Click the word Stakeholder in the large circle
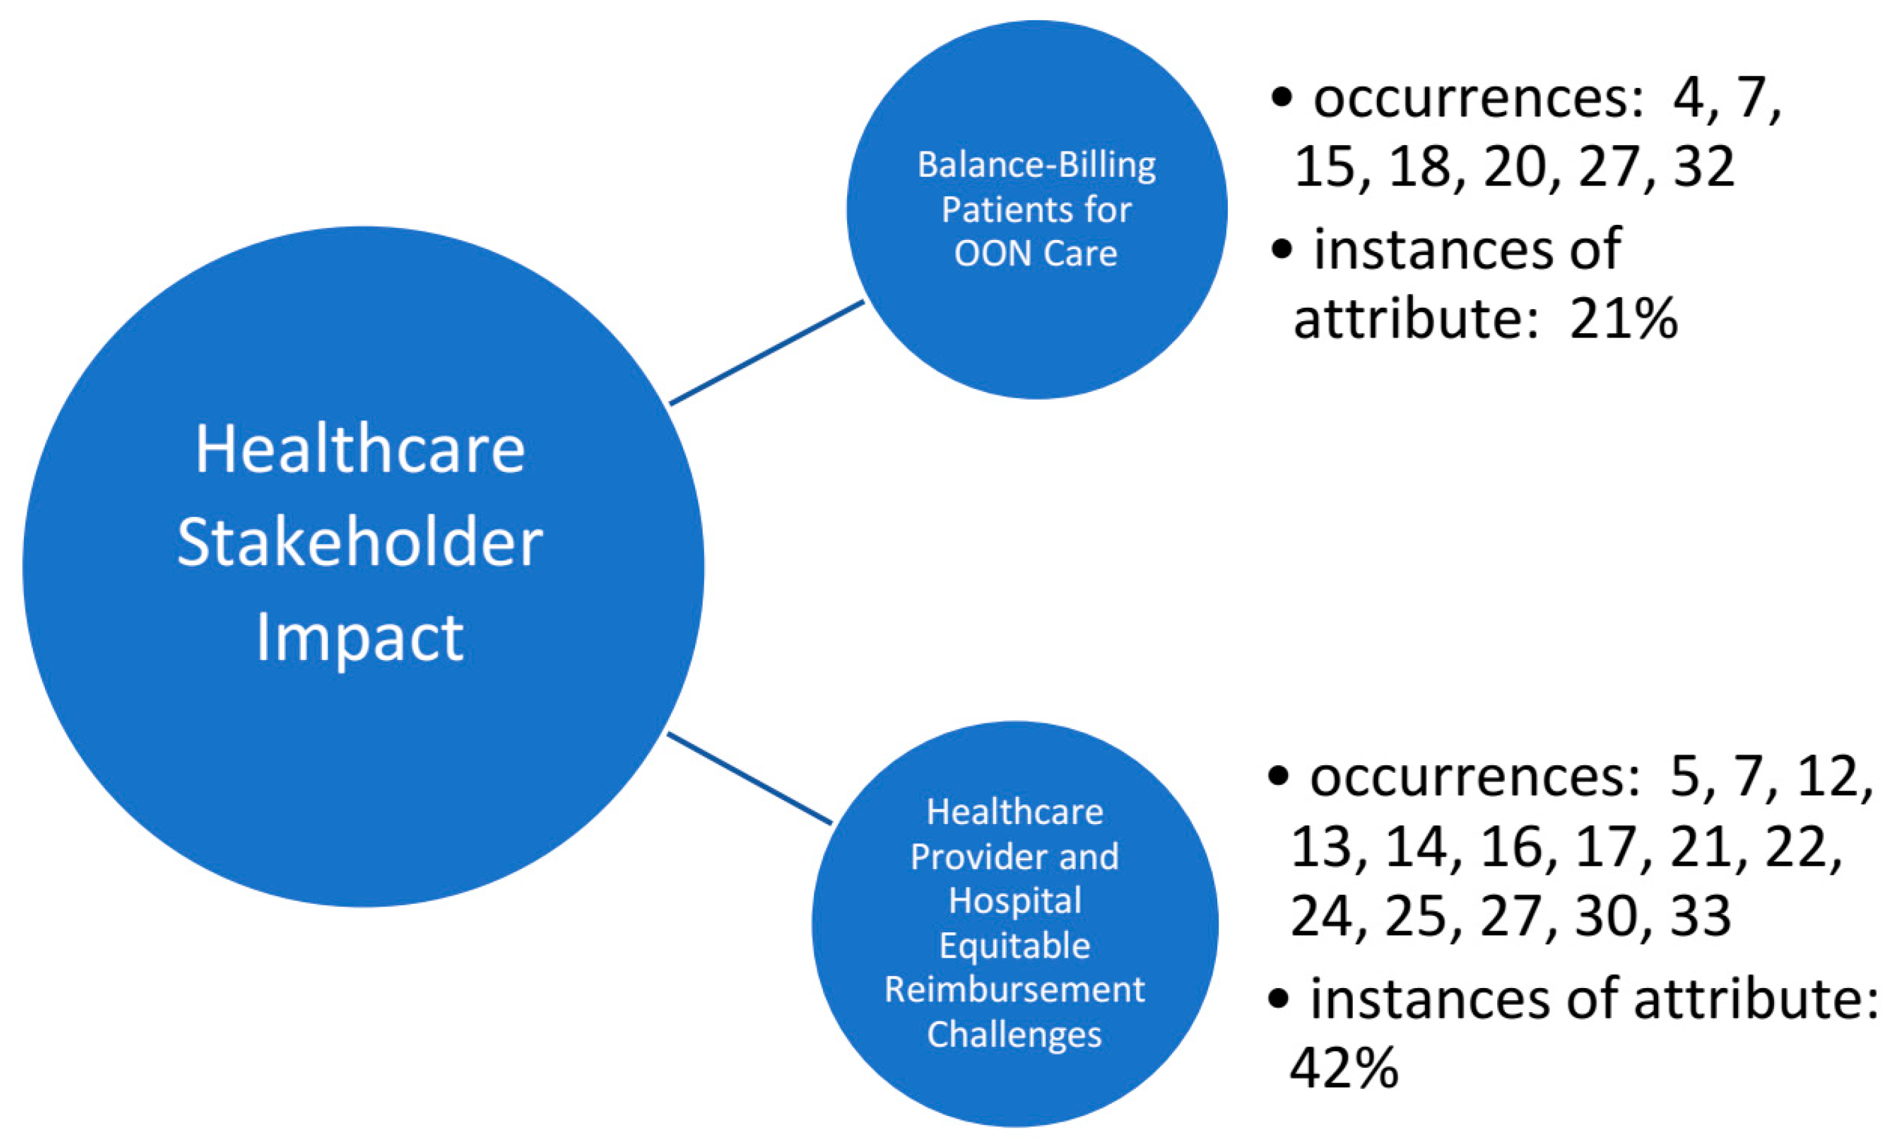click(359, 543)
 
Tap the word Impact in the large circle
click(359, 638)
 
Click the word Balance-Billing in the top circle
click(1036, 165)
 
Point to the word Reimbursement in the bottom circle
click(1014, 989)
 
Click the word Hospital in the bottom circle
click(1014, 901)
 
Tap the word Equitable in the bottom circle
click(1014, 945)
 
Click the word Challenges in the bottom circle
click(1014, 1034)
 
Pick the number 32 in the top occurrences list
click(1704, 166)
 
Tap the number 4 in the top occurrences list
click(1688, 99)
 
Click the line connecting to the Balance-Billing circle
click(767, 352)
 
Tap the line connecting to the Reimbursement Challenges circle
click(749, 778)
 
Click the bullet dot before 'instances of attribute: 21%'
click(1281, 250)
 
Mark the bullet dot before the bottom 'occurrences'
click(1277, 777)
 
